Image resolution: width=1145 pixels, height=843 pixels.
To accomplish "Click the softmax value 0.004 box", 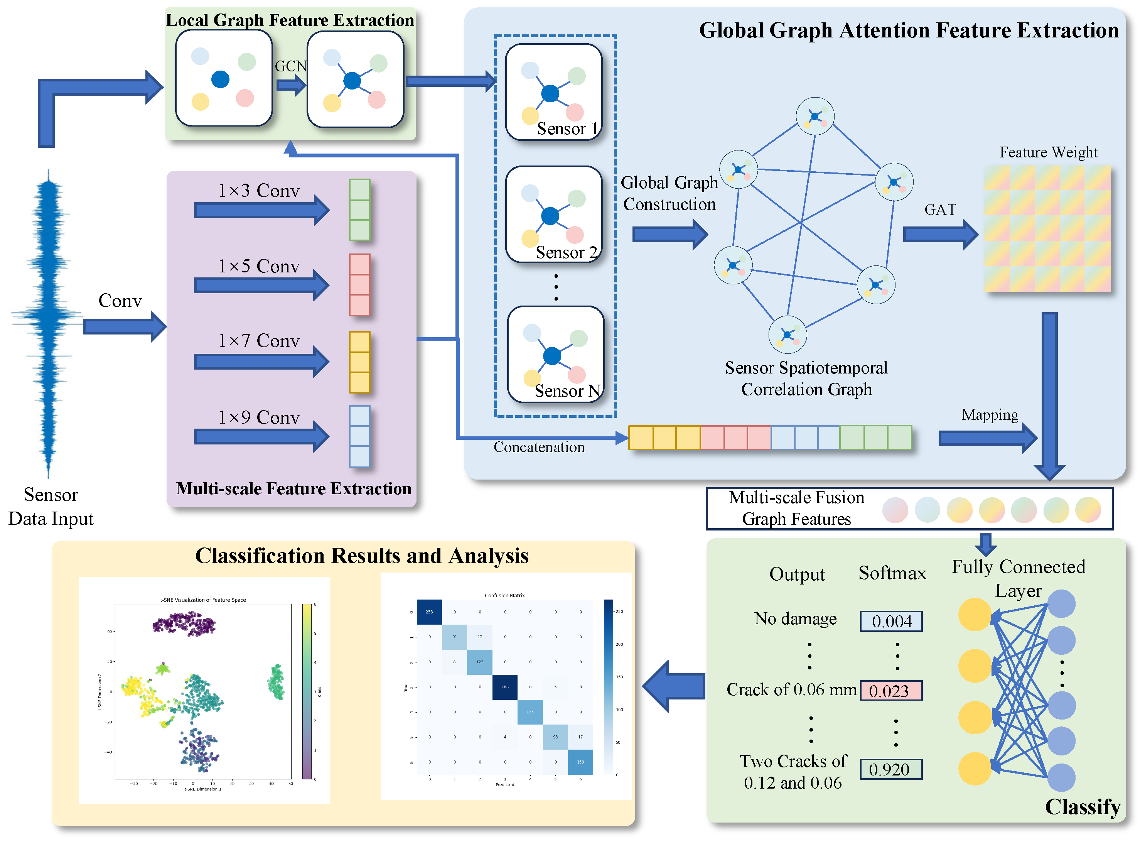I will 890,621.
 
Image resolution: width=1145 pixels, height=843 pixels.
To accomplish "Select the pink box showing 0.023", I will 890,691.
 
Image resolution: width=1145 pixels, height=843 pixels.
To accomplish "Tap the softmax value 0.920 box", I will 890,769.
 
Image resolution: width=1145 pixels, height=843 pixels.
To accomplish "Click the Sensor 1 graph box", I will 553,92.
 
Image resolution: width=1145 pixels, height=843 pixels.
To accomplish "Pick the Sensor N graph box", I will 555,354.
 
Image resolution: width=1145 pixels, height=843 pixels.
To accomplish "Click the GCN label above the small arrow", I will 291,66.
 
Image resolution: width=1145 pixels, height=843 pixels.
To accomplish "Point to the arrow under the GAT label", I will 939,234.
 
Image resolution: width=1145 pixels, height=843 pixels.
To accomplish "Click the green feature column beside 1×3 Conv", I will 359,210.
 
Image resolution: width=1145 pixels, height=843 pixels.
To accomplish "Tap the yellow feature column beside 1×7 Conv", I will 359,362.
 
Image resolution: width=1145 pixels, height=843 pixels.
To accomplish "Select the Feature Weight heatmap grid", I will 1047,228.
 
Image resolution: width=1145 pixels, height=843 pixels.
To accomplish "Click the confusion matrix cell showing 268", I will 504,687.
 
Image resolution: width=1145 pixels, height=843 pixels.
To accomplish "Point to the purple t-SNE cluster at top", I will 184,623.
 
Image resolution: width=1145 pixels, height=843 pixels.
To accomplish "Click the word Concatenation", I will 539,447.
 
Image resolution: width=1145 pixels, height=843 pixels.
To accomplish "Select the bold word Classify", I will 1082,807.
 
